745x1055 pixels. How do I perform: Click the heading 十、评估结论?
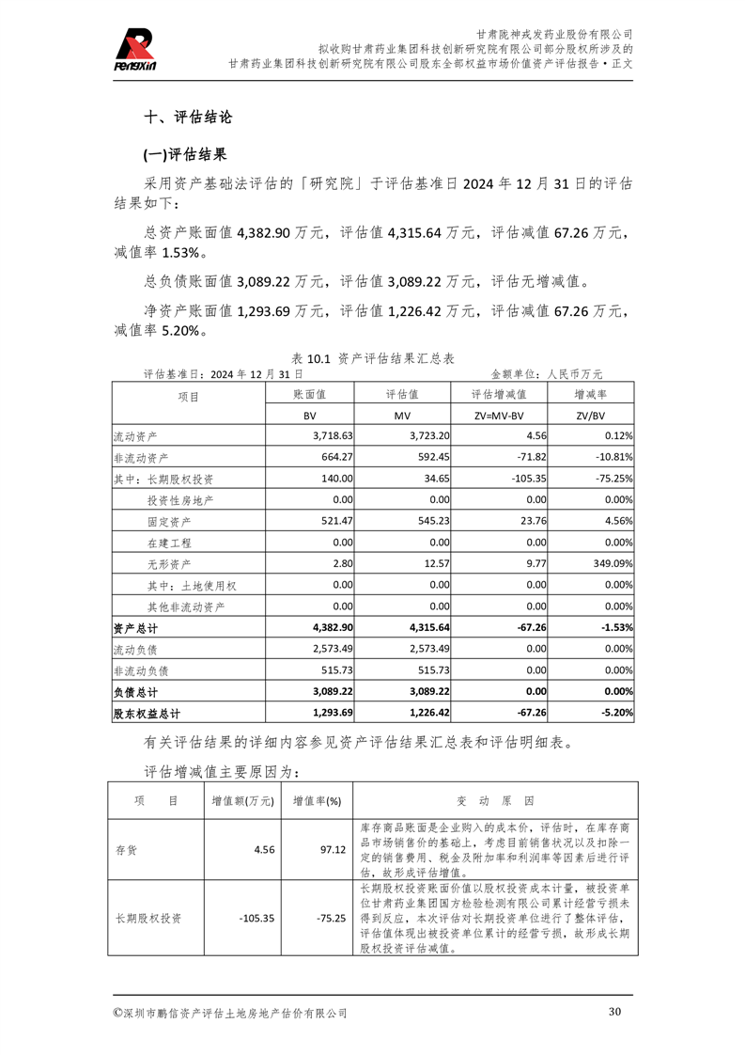pyautogui.click(x=187, y=118)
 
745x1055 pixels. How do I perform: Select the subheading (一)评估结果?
pyautogui.click(x=184, y=154)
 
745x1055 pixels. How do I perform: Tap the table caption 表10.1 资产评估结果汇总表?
pyautogui.click(x=373, y=358)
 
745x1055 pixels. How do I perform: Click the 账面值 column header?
pyautogui.click(x=309, y=395)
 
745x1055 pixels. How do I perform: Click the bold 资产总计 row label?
pyautogui.click(x=135, y=627)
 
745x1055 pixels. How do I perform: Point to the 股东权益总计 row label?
pyautogui.click(x=146, y=713)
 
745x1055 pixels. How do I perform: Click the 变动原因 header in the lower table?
pyautogui.click(x=494, y=801)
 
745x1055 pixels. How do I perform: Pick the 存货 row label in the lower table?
pyautogui.click(x=126, y=849)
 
